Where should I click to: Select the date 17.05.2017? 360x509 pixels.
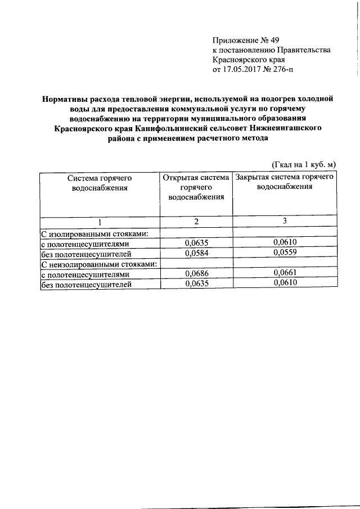pyautogui.click(x=244, y=70)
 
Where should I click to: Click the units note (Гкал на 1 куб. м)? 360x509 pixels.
pyautogui.click(x=304, y=164)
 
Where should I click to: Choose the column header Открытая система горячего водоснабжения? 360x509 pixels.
pyautogui.click(x=196, y=187)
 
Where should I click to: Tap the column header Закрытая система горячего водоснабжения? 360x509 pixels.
pyautogui.click(x=285, y=182)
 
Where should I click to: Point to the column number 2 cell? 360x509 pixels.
pyautogui.click(x=196, y=222)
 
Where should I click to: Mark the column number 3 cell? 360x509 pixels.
pyautogui.click(x=285, y=222)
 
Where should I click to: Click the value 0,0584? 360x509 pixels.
pyautogui.click(x=196, y=253)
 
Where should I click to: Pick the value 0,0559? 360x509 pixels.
pyautogui.click(x=285, y=253)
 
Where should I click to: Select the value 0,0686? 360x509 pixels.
pyautogui.click(x=196, y=274)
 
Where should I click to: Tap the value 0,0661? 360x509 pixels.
pyautogui.click(x=285, y=274)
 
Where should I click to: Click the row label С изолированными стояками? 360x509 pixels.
pyautogui.click(x=95, y=233)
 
